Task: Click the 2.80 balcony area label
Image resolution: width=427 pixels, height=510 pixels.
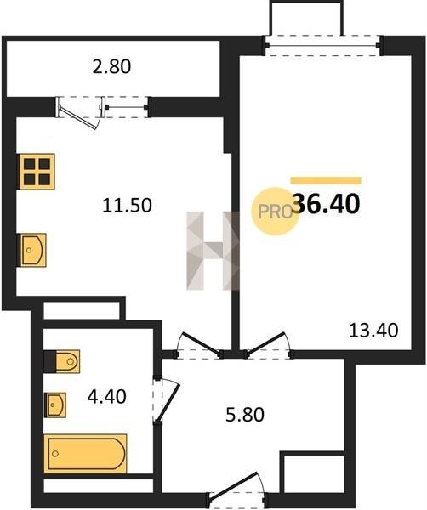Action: click(111, 66)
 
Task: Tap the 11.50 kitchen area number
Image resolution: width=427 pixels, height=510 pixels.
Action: click(127, 206)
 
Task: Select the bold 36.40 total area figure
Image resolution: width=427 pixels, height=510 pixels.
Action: click(327, 204)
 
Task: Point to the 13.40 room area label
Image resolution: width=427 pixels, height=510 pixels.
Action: click(373, 330)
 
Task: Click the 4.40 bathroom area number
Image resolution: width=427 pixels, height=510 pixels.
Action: click(107, 397)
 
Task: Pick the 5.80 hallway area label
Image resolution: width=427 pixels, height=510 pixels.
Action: click(245, 415)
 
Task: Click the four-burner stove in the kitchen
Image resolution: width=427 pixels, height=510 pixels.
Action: click(37, 172)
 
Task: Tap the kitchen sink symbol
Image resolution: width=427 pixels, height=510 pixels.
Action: click(32, 250)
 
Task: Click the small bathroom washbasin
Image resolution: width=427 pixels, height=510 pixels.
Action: click(56, 405)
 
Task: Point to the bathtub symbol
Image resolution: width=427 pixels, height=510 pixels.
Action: click(86, 453)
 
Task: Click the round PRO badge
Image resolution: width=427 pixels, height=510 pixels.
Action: click(275, 212)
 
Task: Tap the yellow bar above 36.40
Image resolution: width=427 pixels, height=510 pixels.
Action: click(326, 180)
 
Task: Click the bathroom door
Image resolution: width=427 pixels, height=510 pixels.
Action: click(166, 399)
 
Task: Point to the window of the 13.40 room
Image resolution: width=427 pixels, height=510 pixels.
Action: click(322, 45)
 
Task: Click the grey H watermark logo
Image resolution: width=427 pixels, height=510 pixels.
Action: click(213, 251)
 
